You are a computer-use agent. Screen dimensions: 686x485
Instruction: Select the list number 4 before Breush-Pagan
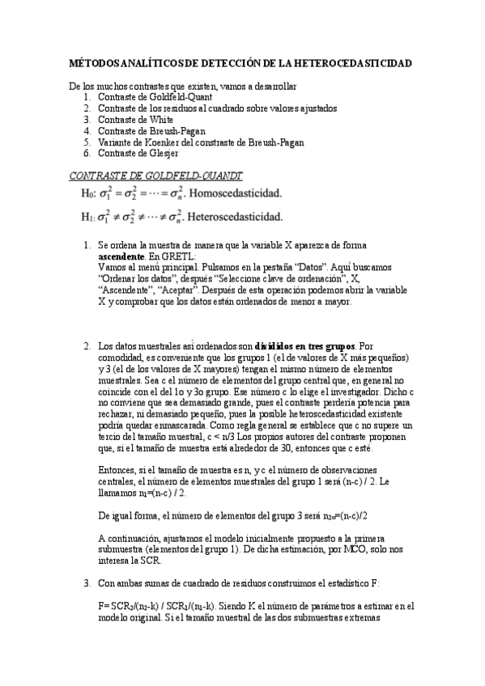pyautogui.click(x=87, y=130)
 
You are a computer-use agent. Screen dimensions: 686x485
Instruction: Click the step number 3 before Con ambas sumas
pyautogui.click(x=87, y=582)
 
